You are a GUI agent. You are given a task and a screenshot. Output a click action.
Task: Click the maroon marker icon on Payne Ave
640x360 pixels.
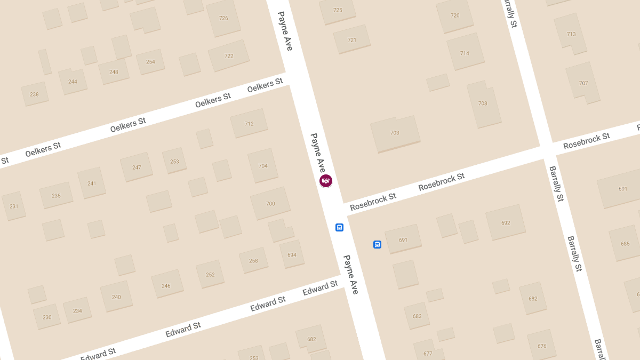point(326,181)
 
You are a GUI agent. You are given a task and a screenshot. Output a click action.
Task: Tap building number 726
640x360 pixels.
point(223,18)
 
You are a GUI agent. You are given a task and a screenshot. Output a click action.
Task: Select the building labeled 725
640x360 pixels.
point(338,10)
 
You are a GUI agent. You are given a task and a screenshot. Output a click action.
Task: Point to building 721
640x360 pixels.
point(352,40)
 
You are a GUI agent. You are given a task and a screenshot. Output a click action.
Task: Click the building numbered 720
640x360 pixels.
point(455,15)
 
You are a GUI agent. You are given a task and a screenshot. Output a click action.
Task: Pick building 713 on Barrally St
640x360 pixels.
point(571,34)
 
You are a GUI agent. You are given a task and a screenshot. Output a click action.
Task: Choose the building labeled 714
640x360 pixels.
point(465,53)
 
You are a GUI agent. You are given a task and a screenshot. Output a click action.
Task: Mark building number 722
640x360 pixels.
point(229,56)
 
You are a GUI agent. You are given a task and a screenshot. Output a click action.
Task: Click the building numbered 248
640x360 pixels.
point(114,72)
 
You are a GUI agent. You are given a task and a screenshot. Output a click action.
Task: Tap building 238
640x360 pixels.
point(34,94)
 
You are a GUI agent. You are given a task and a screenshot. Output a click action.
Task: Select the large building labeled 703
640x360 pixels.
point(395,133)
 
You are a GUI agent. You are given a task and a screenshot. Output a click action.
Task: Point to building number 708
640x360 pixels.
point(483,103)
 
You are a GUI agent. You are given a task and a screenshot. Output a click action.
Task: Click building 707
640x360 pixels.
point(583,83)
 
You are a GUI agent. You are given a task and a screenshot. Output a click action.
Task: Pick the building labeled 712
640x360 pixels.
point(249,124)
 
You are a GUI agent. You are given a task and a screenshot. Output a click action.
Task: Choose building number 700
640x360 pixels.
point(270,204)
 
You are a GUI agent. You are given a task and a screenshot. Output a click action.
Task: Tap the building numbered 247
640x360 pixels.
point(137,167)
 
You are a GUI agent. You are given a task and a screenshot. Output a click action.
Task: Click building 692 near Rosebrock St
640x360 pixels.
point(506,223)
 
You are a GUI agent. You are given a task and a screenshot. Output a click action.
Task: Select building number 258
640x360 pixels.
point(253,261)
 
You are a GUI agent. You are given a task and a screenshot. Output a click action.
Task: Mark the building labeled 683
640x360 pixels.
point(417,316)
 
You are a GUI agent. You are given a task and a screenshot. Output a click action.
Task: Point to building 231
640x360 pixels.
point(14,206)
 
